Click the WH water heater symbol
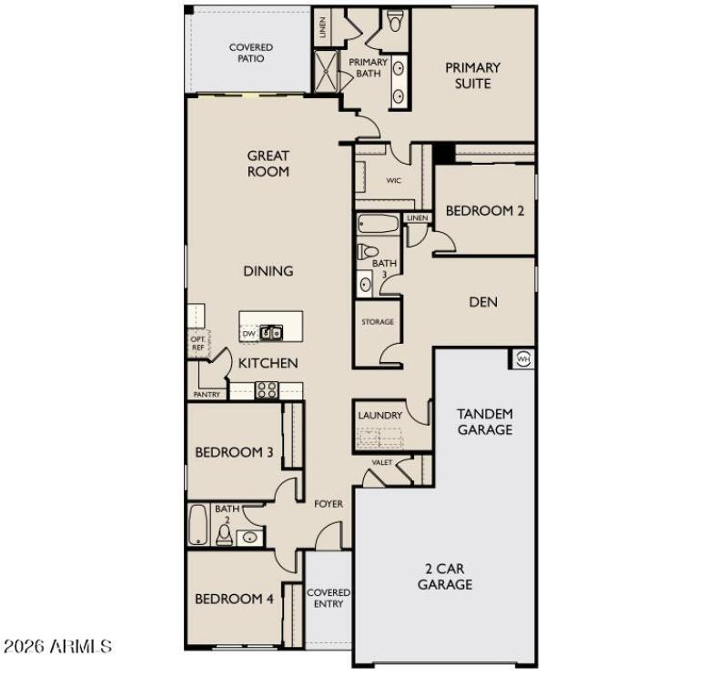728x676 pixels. [522, 358]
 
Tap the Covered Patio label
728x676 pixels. [250, 53]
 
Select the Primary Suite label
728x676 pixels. [472, 76]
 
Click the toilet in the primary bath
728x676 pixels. [395, 21]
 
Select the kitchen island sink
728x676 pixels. [271, 333]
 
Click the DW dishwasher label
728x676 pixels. [248, 334]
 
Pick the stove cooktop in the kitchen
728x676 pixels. [266, 390]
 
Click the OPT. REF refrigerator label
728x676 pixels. [197, 342]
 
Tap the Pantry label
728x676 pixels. [207, 395]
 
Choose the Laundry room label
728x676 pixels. [379, 416]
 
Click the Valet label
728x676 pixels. [382, 463]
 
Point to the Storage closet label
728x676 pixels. [377, 322]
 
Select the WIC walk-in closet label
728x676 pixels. [393, 181]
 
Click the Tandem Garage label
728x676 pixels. [484, 421]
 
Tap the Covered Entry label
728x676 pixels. [328, 598]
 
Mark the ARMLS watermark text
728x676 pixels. [57, 647]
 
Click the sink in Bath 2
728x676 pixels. [248, 538]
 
